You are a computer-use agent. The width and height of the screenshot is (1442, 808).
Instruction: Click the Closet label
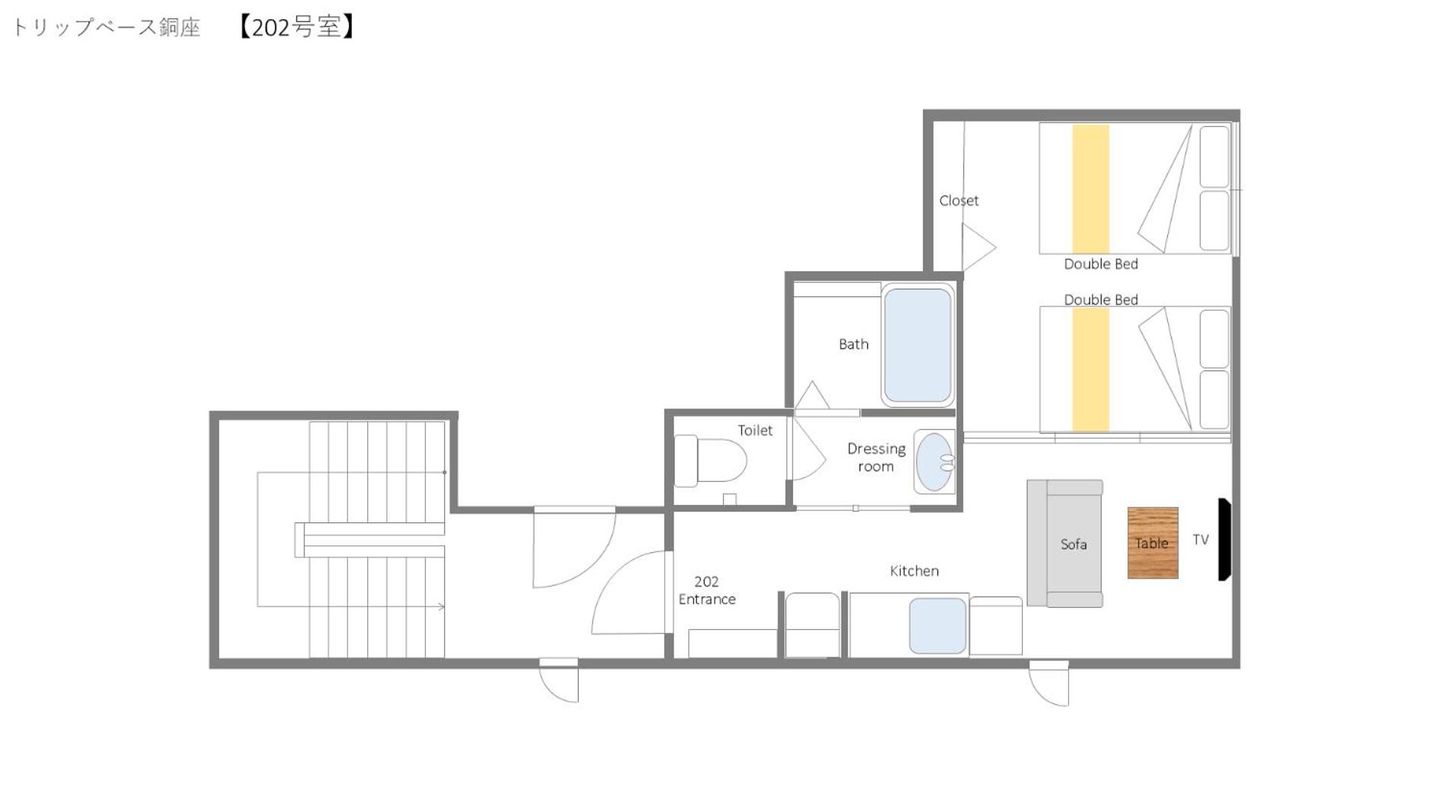pos(959,200)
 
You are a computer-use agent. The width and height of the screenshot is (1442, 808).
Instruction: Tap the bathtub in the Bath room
pos(918,345)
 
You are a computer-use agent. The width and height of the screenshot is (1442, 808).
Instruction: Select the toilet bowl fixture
pos(710,461)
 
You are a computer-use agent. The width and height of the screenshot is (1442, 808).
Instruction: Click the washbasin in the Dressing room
pos(935,461)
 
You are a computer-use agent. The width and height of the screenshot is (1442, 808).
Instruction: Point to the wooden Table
pos(1153,543)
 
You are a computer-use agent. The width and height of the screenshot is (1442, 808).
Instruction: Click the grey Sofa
pos(1065,544)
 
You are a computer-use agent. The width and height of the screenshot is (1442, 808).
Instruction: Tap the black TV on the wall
pos(1224,539)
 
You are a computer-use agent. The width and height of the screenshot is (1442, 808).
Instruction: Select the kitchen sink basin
pos(937,625)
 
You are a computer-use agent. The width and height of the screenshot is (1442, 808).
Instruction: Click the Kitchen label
pos(915,570)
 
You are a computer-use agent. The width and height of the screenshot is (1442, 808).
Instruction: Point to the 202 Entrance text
pos(707,590)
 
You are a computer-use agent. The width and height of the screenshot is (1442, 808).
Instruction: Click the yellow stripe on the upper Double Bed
pos(1091,189)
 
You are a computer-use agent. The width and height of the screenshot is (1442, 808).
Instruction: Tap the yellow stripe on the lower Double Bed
pos(1091,370)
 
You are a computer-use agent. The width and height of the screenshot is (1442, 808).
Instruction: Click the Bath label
pos(853,344)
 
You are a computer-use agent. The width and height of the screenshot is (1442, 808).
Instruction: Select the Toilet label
pos(755,431)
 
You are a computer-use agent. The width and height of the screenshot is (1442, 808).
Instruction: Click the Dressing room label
pos(876,457)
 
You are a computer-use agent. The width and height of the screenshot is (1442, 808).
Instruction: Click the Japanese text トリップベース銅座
pos(106,27)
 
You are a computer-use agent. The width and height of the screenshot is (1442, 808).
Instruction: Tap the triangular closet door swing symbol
pos(979,247)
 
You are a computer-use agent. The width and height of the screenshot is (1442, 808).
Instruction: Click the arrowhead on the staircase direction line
pos(441,606)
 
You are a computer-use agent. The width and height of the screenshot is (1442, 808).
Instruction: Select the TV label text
pos(1201,539)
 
